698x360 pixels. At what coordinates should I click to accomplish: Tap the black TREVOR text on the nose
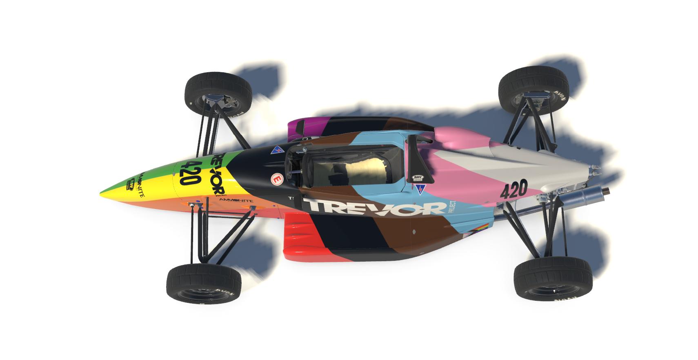(x=217, y=174)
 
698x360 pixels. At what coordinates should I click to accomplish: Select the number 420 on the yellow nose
(x=187, y=173)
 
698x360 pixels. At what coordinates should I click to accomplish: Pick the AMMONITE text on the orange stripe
(x=236, y=200)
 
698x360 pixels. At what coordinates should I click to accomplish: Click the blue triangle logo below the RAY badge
(x=421, y=188)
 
